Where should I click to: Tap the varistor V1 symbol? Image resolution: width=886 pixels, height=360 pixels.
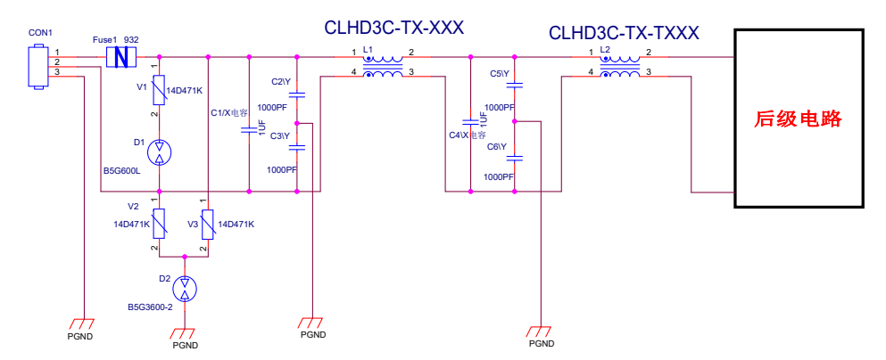tap(159, 89)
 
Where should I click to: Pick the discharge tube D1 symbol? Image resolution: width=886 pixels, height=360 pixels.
tap(159, 151)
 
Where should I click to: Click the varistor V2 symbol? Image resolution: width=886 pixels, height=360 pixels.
tap(159, 225)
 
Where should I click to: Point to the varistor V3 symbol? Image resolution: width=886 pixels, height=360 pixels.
tap(207, 225)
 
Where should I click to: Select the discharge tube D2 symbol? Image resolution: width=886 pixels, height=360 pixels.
tap(184, 288)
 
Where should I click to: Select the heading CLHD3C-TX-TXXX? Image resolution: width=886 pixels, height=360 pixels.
tap(624, 34)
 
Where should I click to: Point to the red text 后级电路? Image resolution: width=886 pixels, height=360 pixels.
tap(799, 119)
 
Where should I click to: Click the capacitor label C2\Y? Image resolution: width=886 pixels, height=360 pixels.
tap(280, 81)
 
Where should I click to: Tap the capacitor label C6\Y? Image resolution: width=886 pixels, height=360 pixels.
tap(497, 146)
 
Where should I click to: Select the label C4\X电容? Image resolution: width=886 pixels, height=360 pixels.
tap(467, 135)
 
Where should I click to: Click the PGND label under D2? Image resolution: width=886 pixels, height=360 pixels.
tap(185, 345)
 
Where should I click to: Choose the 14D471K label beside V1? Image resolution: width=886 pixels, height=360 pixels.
tap(185, 90)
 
